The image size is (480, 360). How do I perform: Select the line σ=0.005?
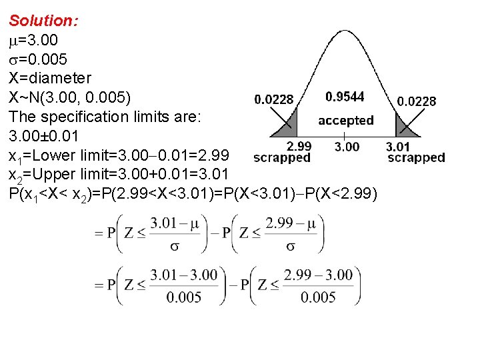(x=38, y=59)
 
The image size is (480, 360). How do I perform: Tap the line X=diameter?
(x=50, y=79)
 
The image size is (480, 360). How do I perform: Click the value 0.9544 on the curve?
(x=345, y=97)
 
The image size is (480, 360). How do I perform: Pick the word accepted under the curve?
(x=345, y=121)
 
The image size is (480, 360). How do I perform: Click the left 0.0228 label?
(x=274, y=99)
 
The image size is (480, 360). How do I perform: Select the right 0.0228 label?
(x=417, y=101)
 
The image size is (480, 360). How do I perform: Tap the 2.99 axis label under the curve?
(x=299, y=146)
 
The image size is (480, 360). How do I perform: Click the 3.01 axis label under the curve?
(x=399, y=147)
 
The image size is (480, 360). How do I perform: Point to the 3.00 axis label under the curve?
(x=347, y=147)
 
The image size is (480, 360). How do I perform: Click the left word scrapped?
(x=283, y=158)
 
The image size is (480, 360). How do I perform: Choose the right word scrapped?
(x=417, y=158)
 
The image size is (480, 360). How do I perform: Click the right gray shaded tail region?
(x=402, y=127)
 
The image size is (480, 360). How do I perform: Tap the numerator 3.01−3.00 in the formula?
(x=184, y=274)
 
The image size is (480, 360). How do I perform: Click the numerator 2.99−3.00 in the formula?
(x=318, y=274)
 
